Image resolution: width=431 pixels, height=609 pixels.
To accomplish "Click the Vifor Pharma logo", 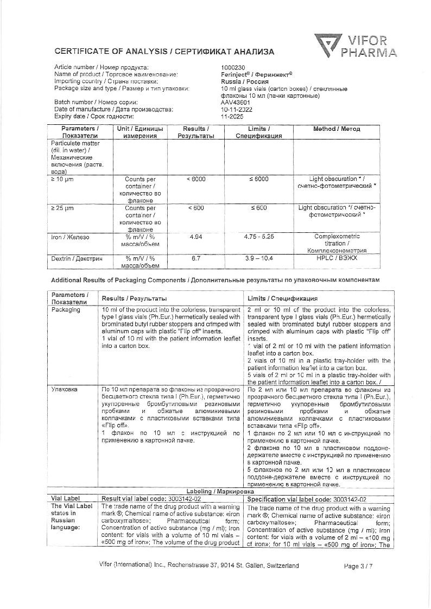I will pyautogui.click(x=356, y=46).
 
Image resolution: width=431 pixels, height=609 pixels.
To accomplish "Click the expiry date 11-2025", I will pyautogui.click(x=232, y=116).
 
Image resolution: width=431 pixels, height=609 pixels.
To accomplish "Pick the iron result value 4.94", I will pyautogui.click(x=196, y=237).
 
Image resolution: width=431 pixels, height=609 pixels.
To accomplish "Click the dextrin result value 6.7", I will pyautogui.click(x=196, y=258).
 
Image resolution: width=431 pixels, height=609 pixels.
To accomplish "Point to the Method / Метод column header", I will pyautogui.click(x=336, y=129).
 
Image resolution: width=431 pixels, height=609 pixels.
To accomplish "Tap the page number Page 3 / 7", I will pyautogui.click(x=359, y=566).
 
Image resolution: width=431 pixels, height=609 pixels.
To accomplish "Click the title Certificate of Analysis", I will pyautogui.click(x=110, y=52).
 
